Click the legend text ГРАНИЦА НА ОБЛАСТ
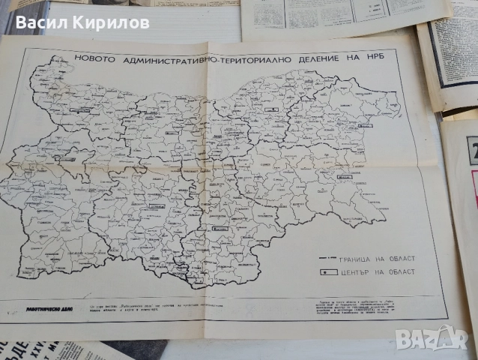click(377, 259)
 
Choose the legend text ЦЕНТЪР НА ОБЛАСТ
click(377, 271)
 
